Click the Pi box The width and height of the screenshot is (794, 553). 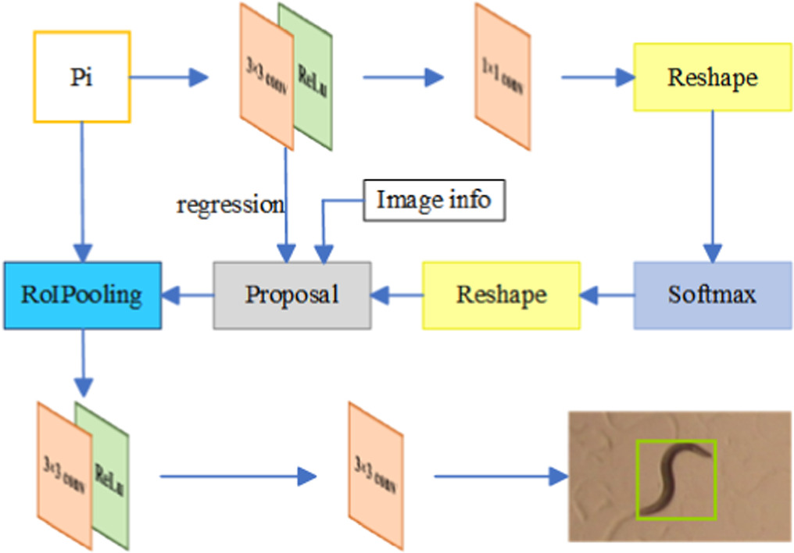81,77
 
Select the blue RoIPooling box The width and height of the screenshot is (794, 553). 81,294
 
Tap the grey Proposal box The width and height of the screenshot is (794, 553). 292,294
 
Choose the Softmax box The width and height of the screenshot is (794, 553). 712,294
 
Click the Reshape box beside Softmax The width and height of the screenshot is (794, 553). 501,294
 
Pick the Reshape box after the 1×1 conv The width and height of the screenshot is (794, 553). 712,77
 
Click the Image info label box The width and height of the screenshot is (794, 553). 434,200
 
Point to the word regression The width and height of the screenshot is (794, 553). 230,205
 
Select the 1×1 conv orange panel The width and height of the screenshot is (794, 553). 502,77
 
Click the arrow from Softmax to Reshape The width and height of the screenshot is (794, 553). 606,294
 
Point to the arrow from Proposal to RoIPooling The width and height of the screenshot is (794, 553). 188,294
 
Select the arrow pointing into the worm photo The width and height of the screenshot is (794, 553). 500,476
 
